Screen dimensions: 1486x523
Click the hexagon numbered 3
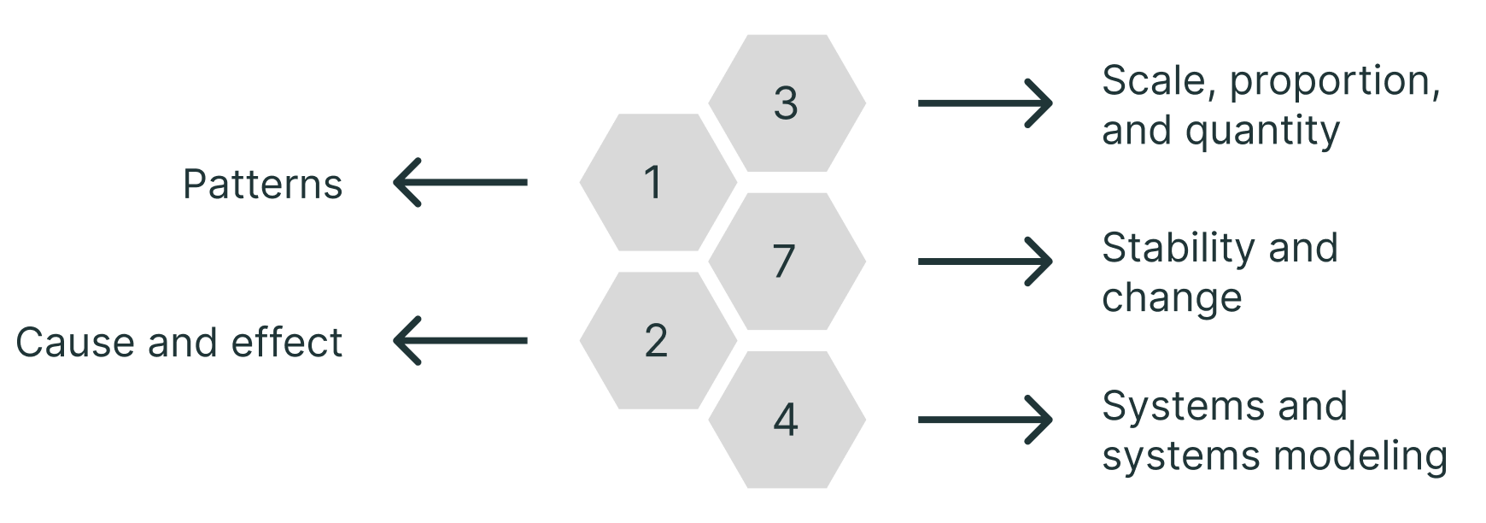[x=787, y=103]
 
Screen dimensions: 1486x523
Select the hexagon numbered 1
[x=658, y=182]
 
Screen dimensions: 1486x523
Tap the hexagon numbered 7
[x=787, y=261]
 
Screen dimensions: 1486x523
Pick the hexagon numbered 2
[x=658, y=340]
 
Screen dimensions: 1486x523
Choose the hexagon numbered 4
[x=787, y=420]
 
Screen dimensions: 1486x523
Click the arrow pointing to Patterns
[x=460, y=182]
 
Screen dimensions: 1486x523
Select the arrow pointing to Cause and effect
[x=460, y=340]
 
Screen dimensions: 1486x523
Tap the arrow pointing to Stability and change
[x=985, y=261]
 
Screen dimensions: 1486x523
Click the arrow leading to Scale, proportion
[x=985, y=103]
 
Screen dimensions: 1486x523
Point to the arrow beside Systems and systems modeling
[x=985, y=420]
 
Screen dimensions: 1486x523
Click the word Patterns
[x=262, y=185]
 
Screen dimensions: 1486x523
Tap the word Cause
[x=75, y=343]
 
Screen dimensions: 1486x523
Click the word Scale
[x=1156, y=81]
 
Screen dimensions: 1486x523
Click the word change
[x=1172, y=298]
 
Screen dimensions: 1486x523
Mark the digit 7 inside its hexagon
[x=784, y=261]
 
